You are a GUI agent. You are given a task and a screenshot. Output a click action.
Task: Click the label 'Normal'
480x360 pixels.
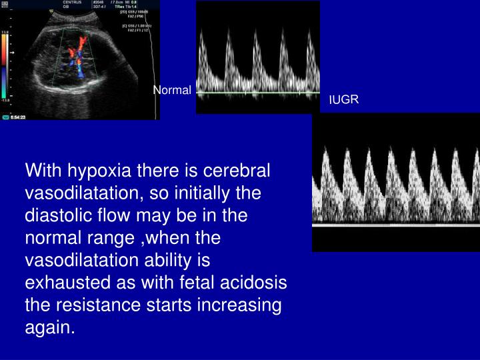coord(172,90)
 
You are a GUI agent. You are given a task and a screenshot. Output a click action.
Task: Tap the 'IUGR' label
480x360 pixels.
coord(344,100)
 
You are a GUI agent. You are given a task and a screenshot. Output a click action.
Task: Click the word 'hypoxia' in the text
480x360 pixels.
coord(96,171)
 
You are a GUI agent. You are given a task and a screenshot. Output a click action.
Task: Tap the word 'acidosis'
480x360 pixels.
coord(254,283)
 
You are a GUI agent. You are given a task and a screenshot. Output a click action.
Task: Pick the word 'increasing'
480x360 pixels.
coord(235,306)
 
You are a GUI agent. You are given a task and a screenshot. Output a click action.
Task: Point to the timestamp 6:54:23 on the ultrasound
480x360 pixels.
coord(20,117)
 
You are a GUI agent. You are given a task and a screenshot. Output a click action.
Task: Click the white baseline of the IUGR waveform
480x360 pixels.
coord(396,225)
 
